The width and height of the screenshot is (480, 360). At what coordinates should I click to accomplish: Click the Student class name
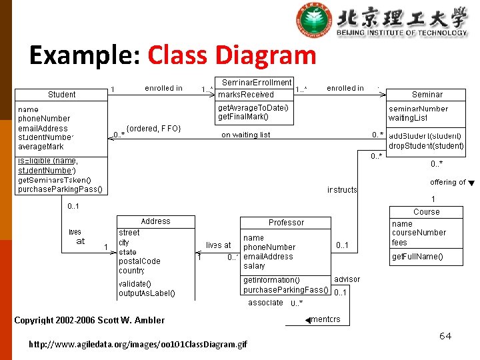pos(61,95)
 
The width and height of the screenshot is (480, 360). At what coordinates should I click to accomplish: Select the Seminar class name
pos(427,95)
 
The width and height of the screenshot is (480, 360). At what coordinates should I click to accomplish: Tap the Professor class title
pos(286,223)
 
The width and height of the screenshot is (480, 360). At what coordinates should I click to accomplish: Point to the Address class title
pos(155,221)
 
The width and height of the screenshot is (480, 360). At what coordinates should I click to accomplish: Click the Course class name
pos(426,212)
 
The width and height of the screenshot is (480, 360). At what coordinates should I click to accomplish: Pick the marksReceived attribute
pos(246,95)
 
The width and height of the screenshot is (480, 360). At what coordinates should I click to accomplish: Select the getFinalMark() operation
pos(243,117)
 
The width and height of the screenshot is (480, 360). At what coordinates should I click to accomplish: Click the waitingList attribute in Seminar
pos(409,118)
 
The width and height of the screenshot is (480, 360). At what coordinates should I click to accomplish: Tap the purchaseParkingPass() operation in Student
pos(61,189)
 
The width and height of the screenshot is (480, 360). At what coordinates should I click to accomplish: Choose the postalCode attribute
pos(139,261)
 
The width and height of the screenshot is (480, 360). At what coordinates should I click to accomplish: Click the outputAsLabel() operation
pos(147,293)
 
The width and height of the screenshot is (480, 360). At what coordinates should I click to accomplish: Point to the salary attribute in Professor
pos(254,265)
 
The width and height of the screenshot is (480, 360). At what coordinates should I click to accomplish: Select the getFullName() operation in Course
pos(417,257)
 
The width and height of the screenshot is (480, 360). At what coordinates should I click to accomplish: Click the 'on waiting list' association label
pos(246,135)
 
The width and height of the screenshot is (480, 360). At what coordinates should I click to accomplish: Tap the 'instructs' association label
pos(342,190)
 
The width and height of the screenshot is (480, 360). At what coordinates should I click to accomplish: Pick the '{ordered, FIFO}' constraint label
pos(153,128)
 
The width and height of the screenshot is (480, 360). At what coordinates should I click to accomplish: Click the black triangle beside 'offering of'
pos(471,183)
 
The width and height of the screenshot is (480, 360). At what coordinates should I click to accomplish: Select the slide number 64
pos(445,336)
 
